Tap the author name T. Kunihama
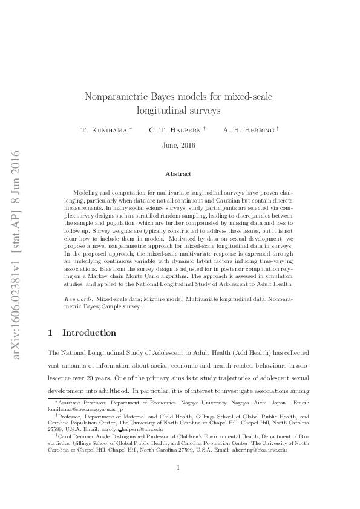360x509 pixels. (x=103, y=130)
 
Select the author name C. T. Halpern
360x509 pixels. (x=175, y=130)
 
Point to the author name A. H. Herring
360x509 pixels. (x=248, y=130)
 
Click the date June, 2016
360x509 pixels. (x=179, y=145)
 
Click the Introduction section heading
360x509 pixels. (x=89, y=333)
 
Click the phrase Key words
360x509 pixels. (x=77, y=299)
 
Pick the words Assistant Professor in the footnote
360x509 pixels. (x=81, y=403)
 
